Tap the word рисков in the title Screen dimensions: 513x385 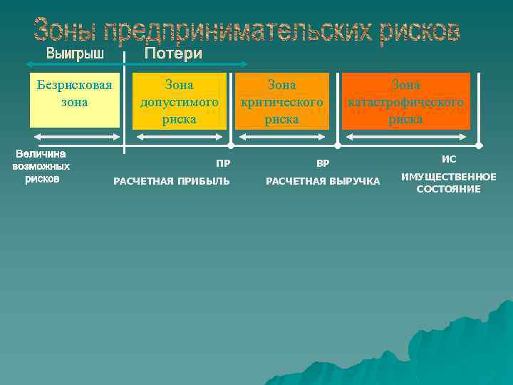(419, 31)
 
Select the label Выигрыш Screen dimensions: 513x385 (75, 53)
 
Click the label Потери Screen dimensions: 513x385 (173, 53)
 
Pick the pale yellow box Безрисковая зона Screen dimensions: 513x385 (75, 101)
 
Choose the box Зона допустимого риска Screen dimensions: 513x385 (180, 101)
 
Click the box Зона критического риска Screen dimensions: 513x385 (282, 101)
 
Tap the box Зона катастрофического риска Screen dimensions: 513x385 (405, 101)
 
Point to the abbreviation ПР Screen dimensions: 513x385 (223, 163)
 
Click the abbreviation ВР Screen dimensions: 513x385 (323, 163)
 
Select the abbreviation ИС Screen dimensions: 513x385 (449, 160)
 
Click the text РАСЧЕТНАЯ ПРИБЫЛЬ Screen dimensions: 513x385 (172, 181)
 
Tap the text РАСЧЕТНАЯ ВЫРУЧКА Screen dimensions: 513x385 (323, 181)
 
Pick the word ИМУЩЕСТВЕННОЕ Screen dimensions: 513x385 (449, 176)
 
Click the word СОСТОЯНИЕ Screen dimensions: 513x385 (449, 189)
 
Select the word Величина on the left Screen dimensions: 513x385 (41, 153)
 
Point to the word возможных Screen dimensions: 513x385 (41, 166)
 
